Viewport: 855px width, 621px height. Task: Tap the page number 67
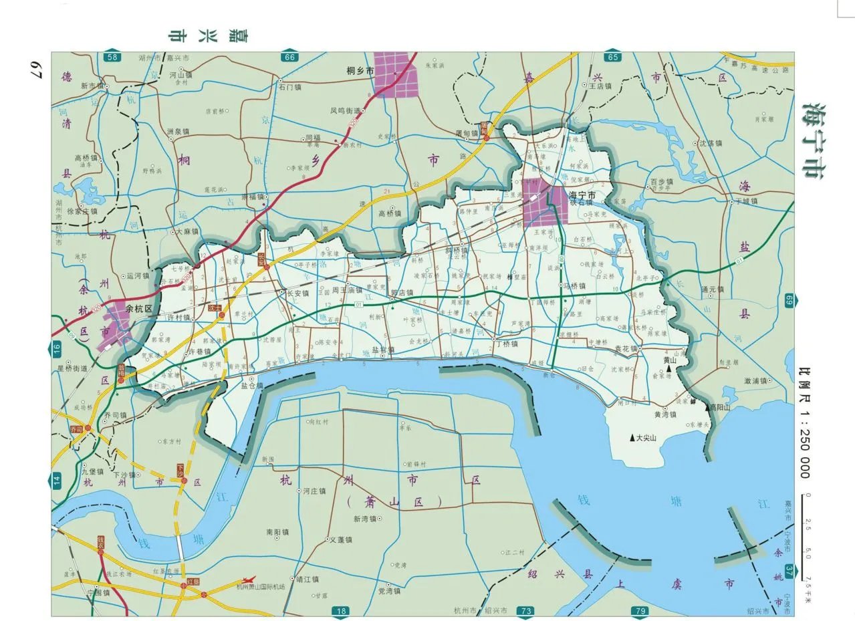click(x=35, y=68)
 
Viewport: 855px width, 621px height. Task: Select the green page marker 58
click(x=112, y=57)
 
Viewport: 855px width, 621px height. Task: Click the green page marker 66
click(x=289, y=57)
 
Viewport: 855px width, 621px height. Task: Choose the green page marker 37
click(x=789, y=570)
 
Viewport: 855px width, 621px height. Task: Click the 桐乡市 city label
click(x=360, y=70)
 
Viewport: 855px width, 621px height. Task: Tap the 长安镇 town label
click(x=297, y=293)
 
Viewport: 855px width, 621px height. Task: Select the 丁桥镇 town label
click(x=507, y=343)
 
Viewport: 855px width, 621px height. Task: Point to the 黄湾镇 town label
click(x=666, y=414)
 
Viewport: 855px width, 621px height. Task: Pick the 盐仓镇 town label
click(x=252, y=386)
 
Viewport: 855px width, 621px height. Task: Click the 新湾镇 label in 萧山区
click(x=366, y=519)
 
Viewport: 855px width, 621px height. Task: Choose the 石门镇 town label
click(x=290, y=87)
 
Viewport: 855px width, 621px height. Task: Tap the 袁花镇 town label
click(x=627, y=349)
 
